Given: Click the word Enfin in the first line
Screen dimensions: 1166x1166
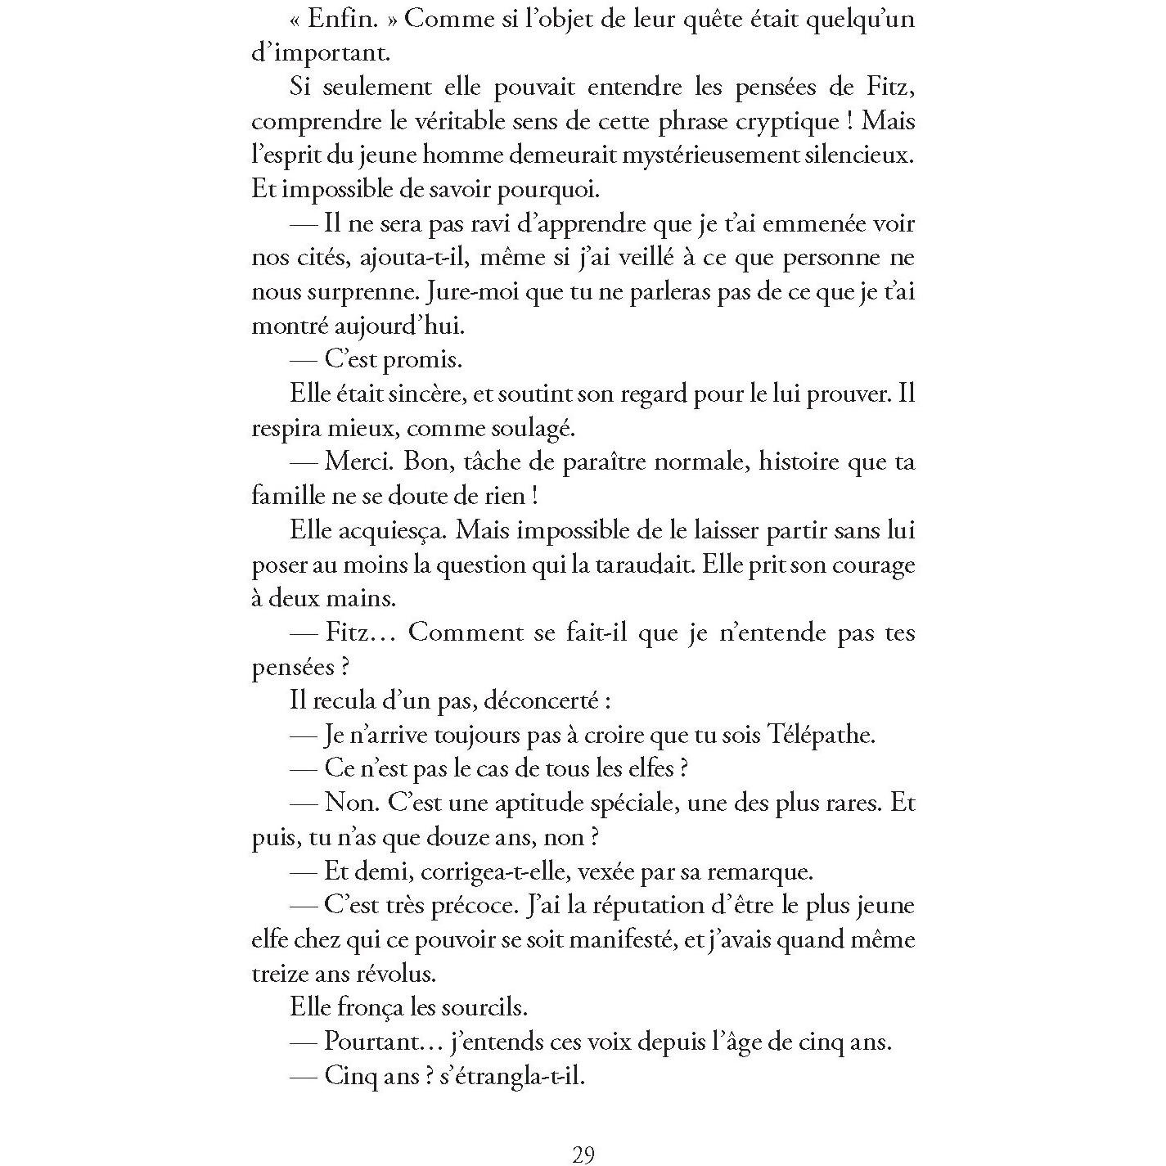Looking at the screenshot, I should (x=355, y=20).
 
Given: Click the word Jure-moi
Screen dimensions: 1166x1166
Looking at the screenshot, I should (x=465, y=292).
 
